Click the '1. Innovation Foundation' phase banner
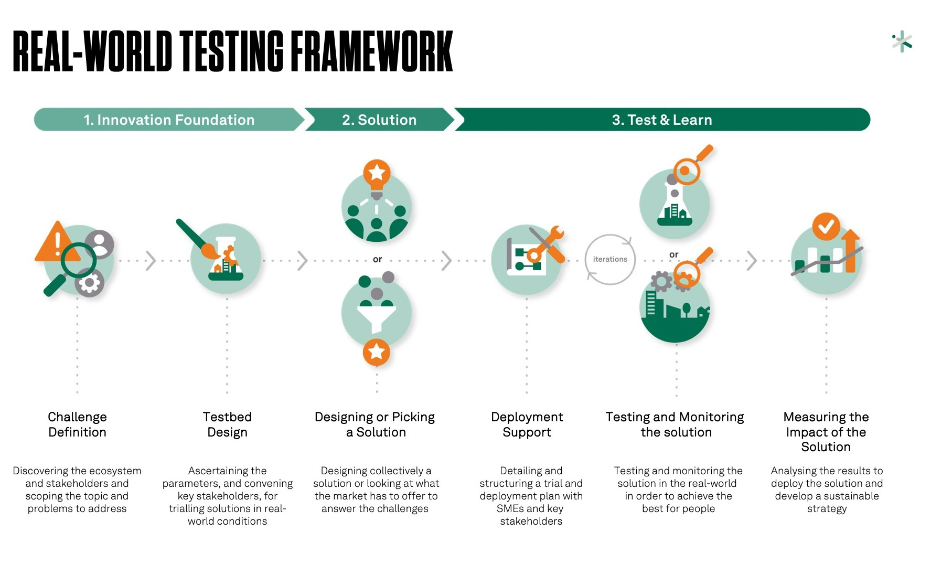point(169,120)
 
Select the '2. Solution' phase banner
point(379,120)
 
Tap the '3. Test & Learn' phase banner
point(661,120)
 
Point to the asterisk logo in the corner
point(902,41)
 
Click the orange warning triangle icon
point(56,243)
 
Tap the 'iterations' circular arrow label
point(610,259)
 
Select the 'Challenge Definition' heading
point(77,424)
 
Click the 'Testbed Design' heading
point(227,424)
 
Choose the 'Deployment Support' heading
point(527,424)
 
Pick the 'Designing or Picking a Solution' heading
point(375,424)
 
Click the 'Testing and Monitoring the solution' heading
point(675,424)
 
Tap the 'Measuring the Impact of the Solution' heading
point(826,432)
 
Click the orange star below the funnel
point(376,352)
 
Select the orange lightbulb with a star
point(377,174)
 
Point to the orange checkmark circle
point(826,227)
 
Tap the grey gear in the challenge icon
point(89,283)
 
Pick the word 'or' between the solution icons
point(377,259)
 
